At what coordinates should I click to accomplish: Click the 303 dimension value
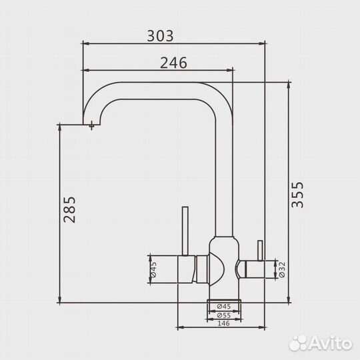tap(160, 36)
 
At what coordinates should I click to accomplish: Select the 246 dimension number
tap(173, 63)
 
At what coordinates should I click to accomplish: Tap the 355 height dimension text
tap(297, 195)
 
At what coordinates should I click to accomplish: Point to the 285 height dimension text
tap(69, 209)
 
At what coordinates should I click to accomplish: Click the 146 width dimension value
tap(223, 323)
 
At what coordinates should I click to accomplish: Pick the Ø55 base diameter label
tap(224, 315)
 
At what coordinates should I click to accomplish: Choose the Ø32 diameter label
tap(282, 270)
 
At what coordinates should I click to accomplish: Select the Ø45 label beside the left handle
tap(153, 269)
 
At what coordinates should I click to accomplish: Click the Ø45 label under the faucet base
tap(224, 306)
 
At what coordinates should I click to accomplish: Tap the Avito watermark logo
tap(321, 343)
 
